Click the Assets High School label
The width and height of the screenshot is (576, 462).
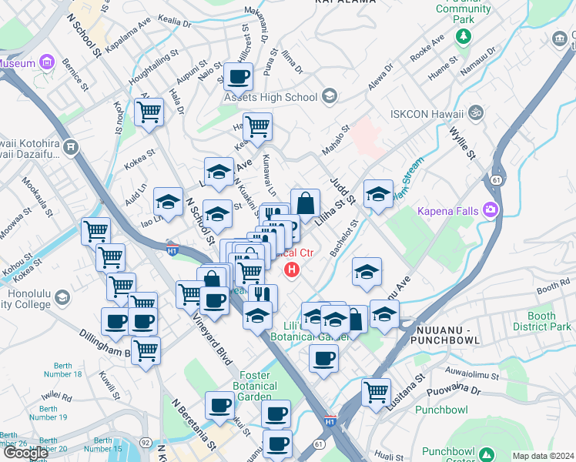coord(270,97)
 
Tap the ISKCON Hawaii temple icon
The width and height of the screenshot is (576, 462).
coord(477,112)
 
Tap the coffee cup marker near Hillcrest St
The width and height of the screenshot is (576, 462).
coord(239,77)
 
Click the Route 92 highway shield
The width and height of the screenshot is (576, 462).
coord(146,443)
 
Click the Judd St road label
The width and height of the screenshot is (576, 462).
coord(340,189)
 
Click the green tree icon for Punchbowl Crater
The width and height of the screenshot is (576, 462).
coord(486,454)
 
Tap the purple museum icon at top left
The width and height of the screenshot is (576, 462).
coord(47,62)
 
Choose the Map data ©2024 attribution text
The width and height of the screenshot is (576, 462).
coord(543,456)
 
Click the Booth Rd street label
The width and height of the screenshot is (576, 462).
coord(553,289)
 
